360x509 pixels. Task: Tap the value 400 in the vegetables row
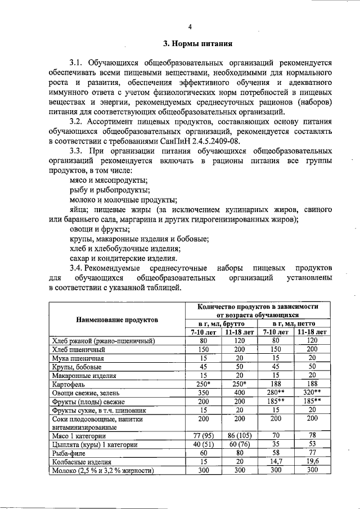(240, 393)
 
